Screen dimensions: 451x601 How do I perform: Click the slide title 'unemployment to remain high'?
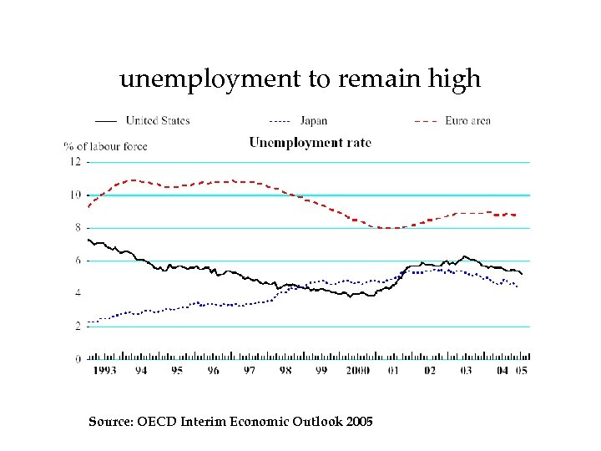point(300,79)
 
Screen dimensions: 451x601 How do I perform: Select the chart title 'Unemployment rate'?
point(310,142)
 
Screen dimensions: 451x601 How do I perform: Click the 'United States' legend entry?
point(158,120)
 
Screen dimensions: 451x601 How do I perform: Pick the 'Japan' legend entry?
point(314,120)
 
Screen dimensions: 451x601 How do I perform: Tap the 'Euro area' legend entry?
point(467,120)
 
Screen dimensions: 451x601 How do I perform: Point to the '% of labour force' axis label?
point(105,146)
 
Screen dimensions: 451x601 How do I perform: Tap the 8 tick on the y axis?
point(78,227)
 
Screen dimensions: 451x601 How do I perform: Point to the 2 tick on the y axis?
point(78,327)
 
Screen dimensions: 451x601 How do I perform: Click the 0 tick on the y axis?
point(78,359)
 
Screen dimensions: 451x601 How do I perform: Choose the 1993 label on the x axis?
point(104,370)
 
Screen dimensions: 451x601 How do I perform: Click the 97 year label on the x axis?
point(249,370)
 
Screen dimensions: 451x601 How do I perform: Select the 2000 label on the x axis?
point(356,370)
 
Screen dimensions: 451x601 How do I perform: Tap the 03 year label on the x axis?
point(466,370)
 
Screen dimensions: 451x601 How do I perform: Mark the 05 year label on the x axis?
point(522,370)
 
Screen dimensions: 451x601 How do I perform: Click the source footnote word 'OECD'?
point(147,421)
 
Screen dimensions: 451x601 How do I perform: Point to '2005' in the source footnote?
point(357,421)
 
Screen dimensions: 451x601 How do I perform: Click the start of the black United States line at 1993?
point(88,240)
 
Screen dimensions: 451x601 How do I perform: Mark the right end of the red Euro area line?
point(516,215)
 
